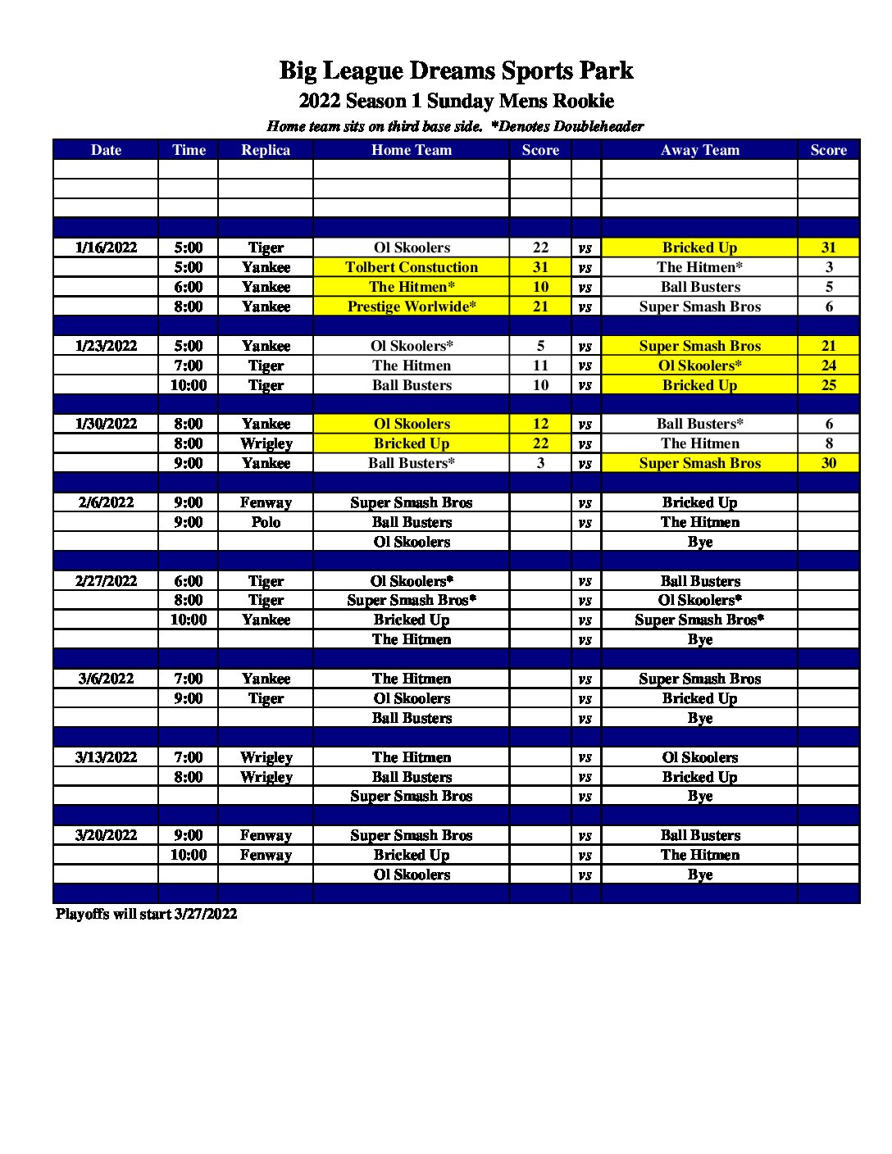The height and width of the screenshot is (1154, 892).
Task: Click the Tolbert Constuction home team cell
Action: (x=412, y=267)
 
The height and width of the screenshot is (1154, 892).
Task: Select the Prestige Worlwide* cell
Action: (x=412, y=307)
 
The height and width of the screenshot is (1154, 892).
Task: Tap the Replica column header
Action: (x=266, y=150)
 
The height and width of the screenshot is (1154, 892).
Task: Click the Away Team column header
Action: (x=700, y=150)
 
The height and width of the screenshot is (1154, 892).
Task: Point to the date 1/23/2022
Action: (x=106, y=346)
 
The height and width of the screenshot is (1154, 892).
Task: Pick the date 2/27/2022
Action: (x=106, y=581)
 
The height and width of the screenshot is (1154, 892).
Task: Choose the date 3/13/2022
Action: (x=106, y=757)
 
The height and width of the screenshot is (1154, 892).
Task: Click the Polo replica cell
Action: (x=266, y=522)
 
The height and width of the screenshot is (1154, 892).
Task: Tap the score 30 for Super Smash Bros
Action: (x=829, y=463)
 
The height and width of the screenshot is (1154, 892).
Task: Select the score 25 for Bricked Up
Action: (x=829, y=385)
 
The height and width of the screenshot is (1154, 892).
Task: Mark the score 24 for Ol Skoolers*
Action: (x=829, y=366)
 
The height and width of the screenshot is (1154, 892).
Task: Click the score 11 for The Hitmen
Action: (x=540, y=366)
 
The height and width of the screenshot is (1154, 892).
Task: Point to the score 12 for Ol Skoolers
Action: (x=540, y=424)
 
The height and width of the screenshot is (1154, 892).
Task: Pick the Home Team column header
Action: (x=412, y=150)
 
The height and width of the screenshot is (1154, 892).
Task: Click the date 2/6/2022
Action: (x=106, y=502)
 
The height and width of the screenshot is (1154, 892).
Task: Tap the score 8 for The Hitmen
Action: (x=829, y=443)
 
